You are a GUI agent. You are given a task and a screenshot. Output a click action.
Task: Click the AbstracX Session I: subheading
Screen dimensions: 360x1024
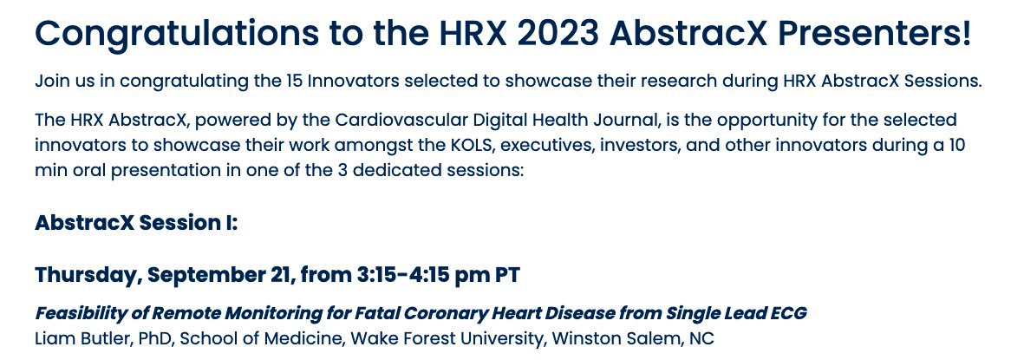(x=136, y=223)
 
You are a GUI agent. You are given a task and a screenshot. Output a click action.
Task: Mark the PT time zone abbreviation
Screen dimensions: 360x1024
(x=506, y=275)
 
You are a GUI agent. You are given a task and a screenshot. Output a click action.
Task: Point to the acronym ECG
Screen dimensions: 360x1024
(x=786, y=313)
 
